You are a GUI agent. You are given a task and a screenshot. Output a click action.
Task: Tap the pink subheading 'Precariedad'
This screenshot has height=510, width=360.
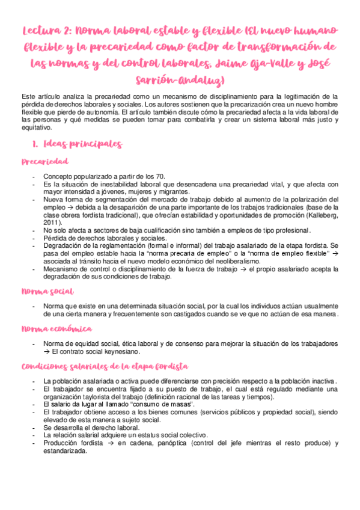pyautogui.click(x=44, y=162)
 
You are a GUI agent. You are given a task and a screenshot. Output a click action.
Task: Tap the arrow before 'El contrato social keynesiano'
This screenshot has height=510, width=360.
pyautogui.click(x=47, y=351)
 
